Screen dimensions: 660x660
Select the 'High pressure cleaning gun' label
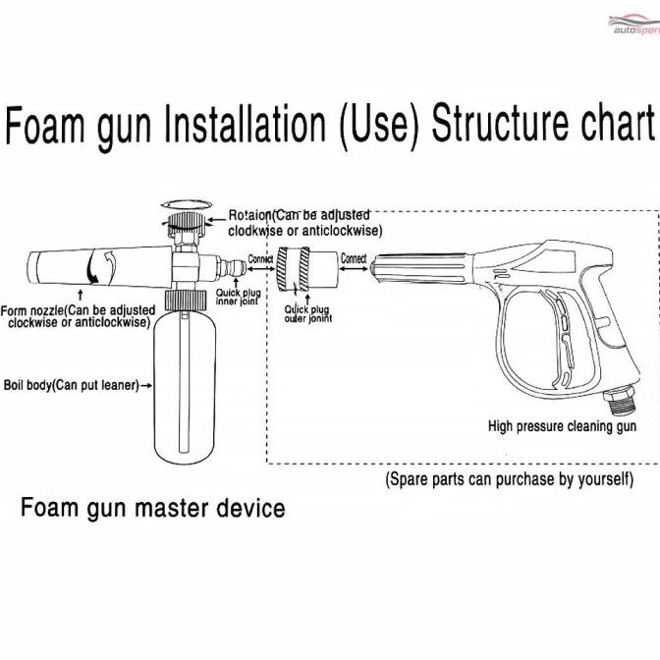(x=562, y=426)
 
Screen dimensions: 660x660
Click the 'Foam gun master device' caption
(x=153, y=508)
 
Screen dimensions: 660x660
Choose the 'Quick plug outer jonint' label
(x=307, y=313)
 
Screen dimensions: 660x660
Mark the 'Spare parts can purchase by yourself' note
(x=509, y=480)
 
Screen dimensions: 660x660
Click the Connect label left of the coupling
(x=260, y=259)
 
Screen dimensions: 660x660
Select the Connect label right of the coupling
(x=353, y=259)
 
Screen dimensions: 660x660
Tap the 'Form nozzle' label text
(x=79, y=315)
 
